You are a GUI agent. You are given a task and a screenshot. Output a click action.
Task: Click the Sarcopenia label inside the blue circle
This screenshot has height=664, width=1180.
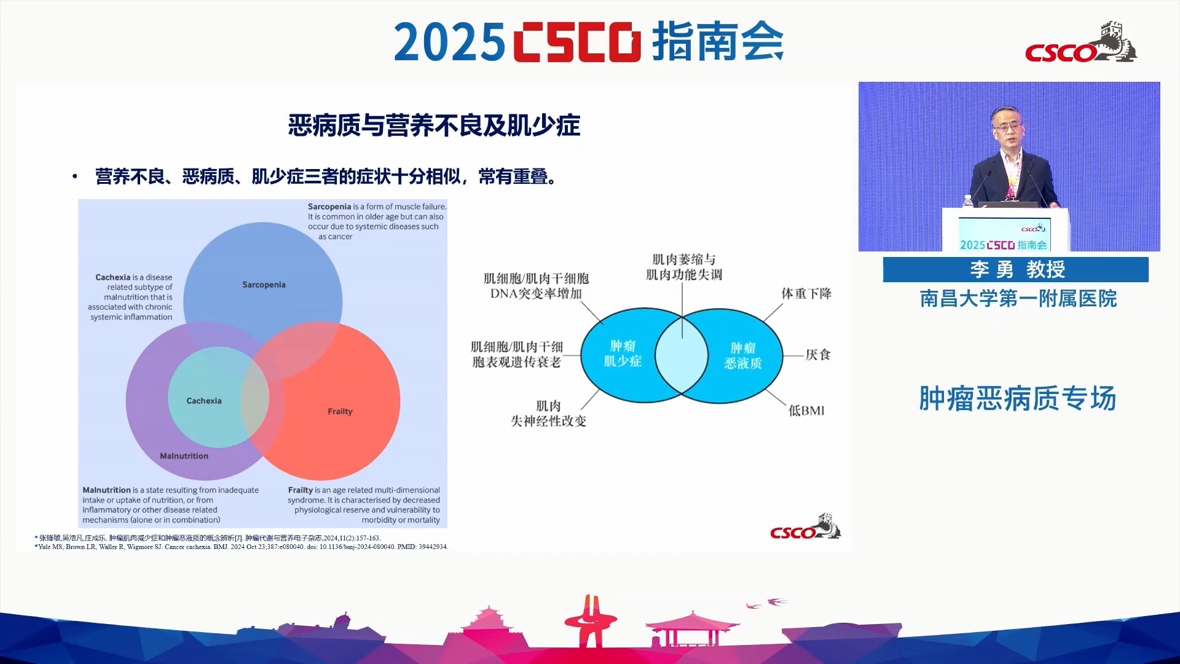264,285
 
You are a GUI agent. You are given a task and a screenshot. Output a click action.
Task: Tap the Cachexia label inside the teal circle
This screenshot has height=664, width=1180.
204,401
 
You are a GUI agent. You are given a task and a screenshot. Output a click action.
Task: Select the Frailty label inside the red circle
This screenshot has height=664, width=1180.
340,411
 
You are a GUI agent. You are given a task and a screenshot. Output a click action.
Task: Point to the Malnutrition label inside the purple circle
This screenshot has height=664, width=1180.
184,456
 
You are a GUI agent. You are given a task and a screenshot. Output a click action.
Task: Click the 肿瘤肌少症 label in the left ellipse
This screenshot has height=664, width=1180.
623,354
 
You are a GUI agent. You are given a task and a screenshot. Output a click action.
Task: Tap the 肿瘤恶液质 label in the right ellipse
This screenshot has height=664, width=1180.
743,355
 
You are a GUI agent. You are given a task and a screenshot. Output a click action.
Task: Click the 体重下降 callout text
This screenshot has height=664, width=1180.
806,293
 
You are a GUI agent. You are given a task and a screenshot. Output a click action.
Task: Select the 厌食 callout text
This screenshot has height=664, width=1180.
818,355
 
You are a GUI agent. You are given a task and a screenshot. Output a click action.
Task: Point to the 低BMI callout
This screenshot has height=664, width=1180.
806,411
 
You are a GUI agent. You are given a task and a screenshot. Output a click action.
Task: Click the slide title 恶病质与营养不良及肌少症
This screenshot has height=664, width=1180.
434,125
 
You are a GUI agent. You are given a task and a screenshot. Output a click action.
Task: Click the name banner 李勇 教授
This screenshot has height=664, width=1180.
1016,269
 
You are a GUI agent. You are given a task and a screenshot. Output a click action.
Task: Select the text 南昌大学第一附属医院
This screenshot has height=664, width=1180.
1018,299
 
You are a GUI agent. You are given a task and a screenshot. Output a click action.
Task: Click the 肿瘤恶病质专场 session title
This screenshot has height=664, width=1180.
1018,398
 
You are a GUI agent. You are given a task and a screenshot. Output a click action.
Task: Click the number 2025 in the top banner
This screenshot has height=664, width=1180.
449,42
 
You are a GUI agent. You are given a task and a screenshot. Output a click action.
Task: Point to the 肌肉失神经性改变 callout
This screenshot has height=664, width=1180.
548,413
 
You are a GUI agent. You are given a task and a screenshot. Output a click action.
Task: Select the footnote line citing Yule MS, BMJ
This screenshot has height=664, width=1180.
242,547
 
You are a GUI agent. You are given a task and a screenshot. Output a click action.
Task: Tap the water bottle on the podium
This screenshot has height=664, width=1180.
968,201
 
